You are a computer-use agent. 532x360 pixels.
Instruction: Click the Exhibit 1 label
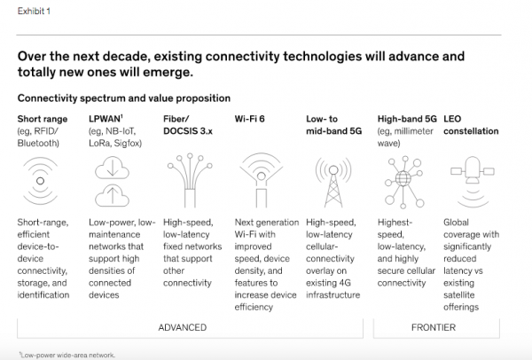[x=34, y=12]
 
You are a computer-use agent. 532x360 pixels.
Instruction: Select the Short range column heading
[x=43, y=119]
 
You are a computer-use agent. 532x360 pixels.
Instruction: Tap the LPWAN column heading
[x=106, y=119]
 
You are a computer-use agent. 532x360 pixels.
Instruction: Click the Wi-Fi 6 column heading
[x=249, y=119]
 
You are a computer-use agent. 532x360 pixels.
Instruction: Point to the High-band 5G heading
[x=407, y=119]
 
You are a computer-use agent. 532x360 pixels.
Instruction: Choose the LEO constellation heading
[x=471, y=125]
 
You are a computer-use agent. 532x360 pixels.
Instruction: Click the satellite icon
[x=473, y=182]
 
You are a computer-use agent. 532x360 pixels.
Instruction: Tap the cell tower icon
[x=333, y=182]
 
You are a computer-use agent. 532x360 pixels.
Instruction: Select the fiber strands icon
[x=190, y=180]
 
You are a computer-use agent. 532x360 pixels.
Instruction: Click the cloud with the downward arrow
[x=112, y=168]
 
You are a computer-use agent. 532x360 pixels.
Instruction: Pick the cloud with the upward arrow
[x=112, y=196]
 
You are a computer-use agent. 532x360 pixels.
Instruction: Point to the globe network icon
[x=403, y=182]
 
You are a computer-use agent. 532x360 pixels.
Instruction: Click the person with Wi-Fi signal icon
[x=262, y=180]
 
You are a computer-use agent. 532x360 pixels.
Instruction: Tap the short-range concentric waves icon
[x=41, y=181]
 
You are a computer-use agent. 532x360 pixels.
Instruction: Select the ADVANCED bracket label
[x=182, y=327]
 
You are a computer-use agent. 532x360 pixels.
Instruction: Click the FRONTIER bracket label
[x=434, y=327]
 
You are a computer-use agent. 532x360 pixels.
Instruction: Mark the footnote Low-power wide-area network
[x=67, y=356]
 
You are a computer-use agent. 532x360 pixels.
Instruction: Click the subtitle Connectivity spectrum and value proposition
[x=124, y=98]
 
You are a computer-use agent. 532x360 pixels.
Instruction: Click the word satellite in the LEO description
[x=458, y=295]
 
